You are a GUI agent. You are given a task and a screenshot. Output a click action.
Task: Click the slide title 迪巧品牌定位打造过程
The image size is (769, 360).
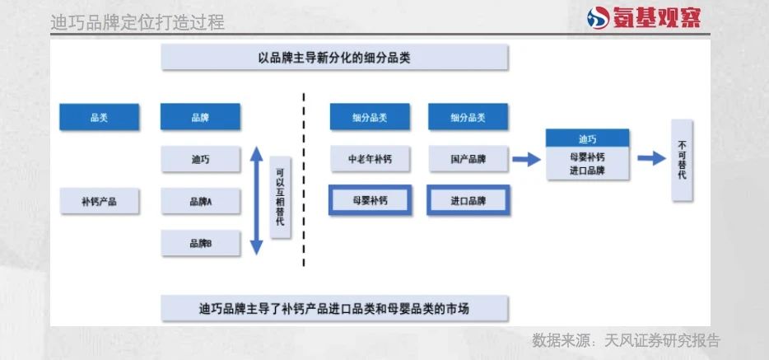137,22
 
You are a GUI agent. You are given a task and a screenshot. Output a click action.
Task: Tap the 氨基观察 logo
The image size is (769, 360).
644,17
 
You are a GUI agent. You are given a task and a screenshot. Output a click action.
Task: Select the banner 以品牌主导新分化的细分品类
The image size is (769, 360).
334,58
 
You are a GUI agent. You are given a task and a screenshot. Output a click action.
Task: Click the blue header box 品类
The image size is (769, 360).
99,117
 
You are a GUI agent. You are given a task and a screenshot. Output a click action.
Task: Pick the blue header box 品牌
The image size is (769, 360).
200,117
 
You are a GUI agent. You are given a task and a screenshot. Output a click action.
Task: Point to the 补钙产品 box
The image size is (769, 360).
100,201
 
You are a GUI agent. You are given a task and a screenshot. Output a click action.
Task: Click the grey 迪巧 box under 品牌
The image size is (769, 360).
201,159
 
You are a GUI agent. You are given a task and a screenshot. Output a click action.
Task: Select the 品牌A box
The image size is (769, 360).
201,201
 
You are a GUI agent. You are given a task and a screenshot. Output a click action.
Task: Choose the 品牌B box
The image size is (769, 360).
201,243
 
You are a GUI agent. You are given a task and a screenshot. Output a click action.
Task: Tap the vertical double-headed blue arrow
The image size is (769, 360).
257,201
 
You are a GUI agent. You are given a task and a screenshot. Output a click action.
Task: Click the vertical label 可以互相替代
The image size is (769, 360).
280,198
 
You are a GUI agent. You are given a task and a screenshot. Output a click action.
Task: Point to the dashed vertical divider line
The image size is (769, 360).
304,180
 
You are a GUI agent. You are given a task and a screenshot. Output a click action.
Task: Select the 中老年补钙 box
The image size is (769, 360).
371,159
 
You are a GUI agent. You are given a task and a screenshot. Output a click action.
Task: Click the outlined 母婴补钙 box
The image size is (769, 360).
371,200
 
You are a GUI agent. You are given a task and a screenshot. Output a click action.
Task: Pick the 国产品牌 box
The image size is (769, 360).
468,159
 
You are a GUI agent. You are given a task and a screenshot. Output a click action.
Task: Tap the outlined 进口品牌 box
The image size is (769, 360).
468,200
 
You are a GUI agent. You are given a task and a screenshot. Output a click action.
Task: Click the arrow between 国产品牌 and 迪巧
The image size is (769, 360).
526,159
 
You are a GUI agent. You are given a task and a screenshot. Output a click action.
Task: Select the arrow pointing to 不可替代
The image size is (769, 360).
652,158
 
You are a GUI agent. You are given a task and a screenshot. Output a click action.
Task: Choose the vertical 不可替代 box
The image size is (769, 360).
683,161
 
